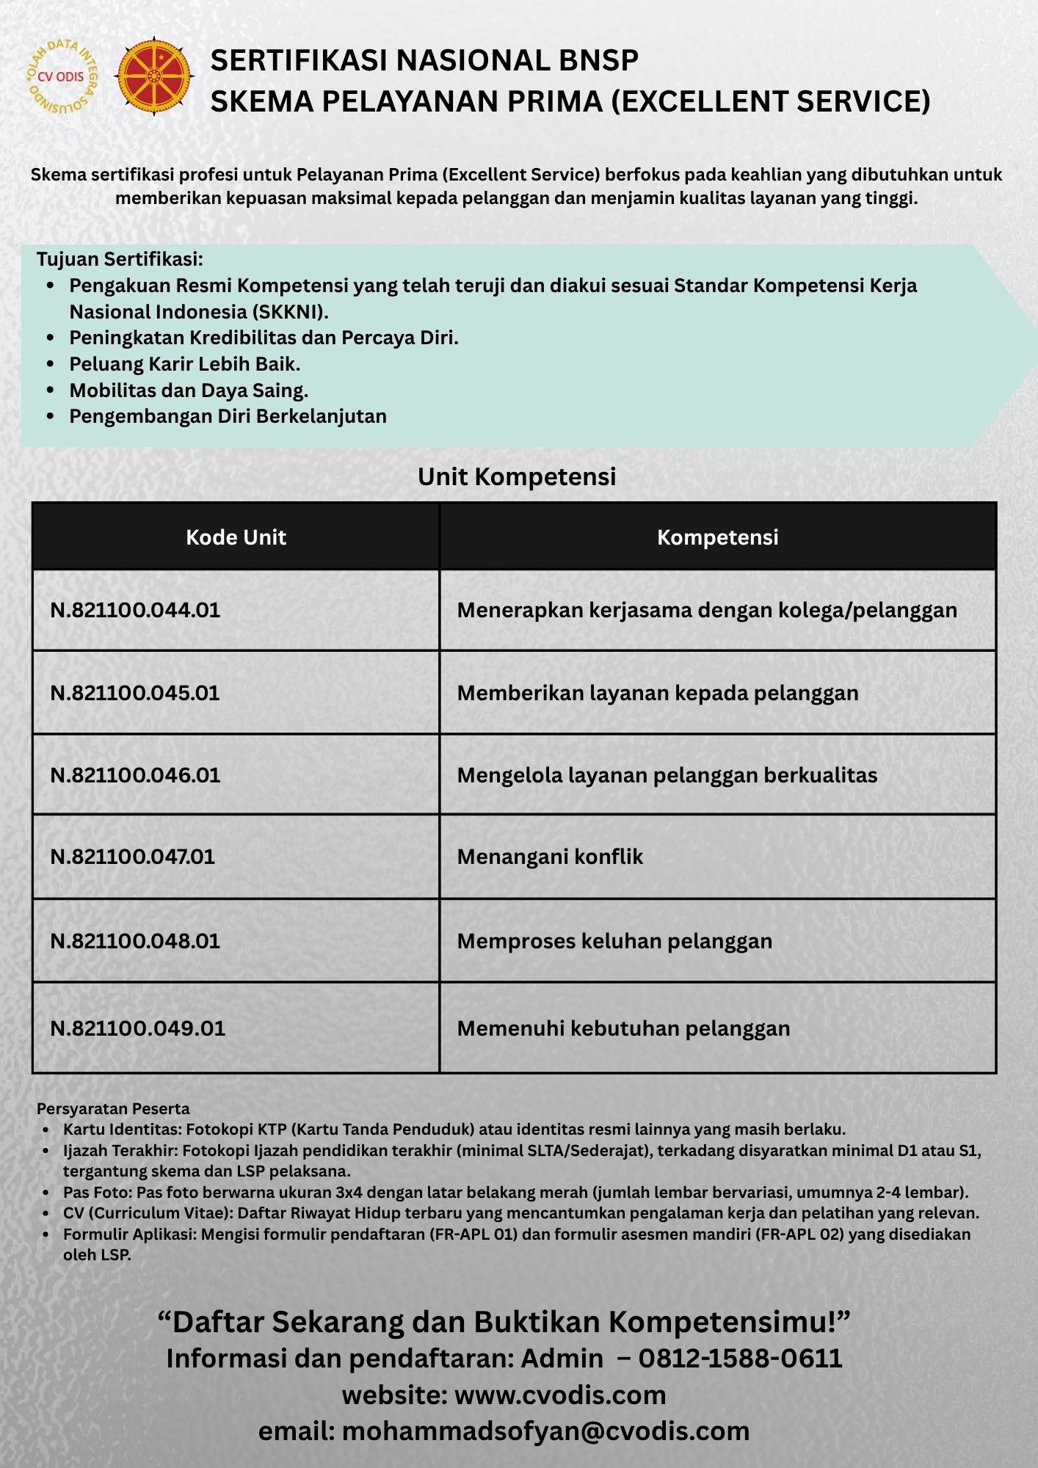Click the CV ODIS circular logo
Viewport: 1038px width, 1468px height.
tap(60, 76)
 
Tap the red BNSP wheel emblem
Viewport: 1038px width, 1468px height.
tap(154, 76)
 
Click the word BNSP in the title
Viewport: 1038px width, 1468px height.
tap(595, 60)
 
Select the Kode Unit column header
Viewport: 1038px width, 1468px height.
tap(236, 537)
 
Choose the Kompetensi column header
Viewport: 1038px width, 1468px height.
tap(717, 537)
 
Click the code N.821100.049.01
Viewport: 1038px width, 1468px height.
tap(137, 1028)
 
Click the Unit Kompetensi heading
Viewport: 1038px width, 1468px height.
tap(517, 476)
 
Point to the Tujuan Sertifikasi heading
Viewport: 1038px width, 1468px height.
tap(120, 259)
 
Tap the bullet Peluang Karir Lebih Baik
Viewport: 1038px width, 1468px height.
tap(184, 364)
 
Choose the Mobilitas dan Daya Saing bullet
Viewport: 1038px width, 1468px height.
tap(189, 390)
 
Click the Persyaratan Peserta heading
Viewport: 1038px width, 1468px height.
tap(113, 1108)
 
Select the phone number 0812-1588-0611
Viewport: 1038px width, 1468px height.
tap(740, 1359)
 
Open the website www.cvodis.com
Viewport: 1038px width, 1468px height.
tap(560, 1395)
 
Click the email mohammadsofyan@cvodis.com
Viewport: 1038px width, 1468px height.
tap(545, 1431)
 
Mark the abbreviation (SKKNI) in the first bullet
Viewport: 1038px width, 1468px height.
tap(291, 312)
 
